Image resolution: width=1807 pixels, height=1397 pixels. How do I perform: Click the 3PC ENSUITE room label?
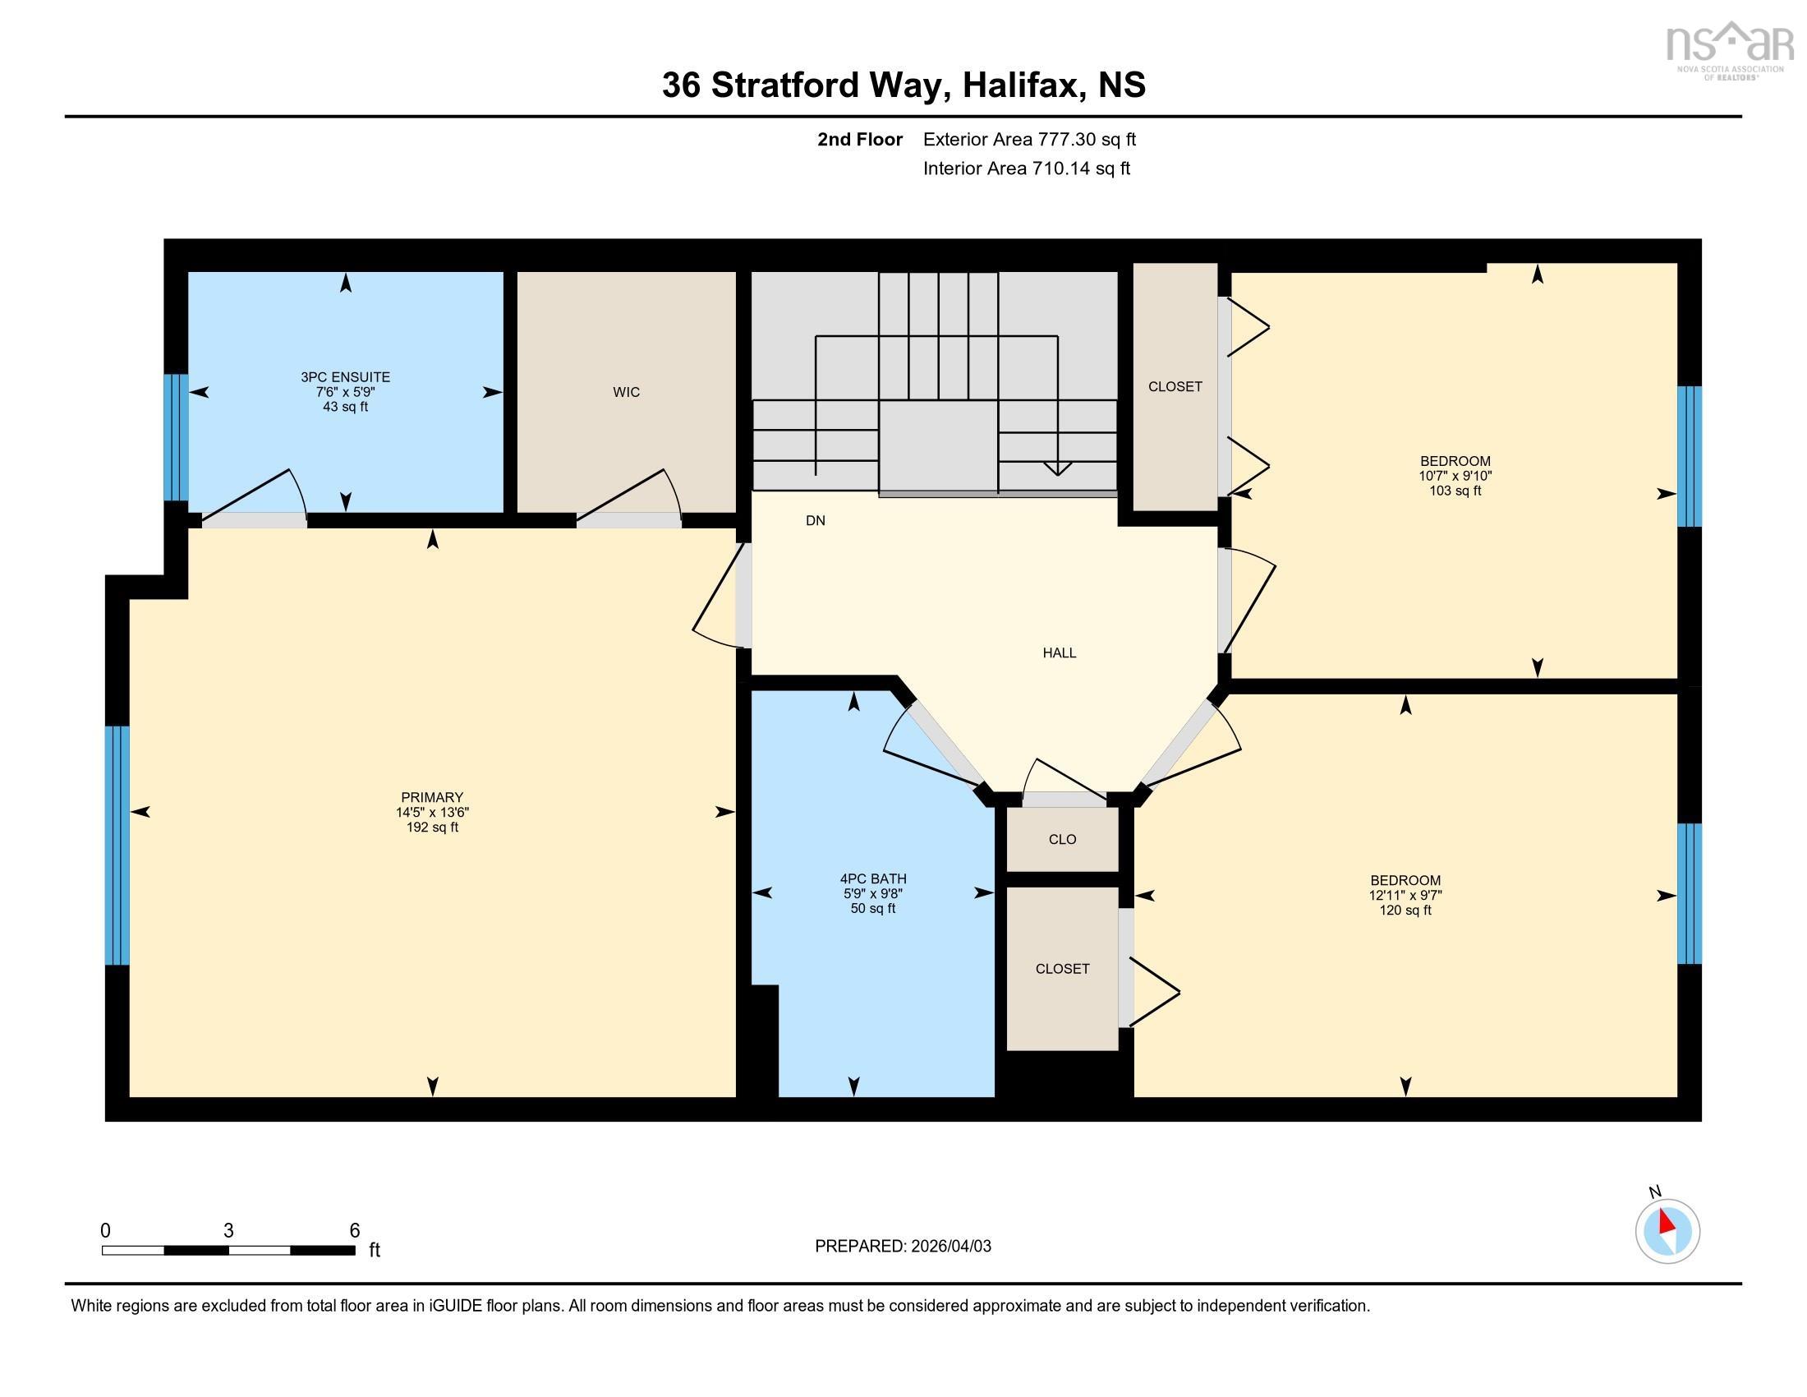tap(345, 377)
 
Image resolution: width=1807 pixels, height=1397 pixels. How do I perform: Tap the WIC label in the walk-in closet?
tap(627, 392)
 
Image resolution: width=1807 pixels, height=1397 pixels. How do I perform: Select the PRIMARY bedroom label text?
tap(432, 798)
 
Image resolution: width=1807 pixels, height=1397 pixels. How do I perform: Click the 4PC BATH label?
tap(873, 879)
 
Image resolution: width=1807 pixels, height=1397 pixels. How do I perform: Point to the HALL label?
tap(1059, 653)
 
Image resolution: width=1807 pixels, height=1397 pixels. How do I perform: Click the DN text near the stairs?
tap(816, 520)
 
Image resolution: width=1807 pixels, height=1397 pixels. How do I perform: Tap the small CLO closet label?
tap(1062, 839)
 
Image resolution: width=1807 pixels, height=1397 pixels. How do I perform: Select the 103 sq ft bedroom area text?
tap(1455, 491)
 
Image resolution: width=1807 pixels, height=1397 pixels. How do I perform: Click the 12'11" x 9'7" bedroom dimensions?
tap(1405, 896)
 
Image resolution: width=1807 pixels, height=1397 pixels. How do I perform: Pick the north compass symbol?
tap(1667, 1232)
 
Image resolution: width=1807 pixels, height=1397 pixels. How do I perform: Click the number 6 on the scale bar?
tap(354, 1230)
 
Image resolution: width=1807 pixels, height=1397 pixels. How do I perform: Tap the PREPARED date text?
tap(903, 1247)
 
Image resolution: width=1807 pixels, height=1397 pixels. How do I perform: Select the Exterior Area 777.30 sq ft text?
tap(1029, 140)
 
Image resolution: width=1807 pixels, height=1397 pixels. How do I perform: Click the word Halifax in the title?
tap(1023, 85)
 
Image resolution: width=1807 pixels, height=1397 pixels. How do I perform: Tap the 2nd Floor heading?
tap(860, 140)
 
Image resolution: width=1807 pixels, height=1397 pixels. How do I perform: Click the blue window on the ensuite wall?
tap(176, 438)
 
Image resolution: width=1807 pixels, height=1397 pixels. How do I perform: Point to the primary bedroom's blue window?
tap(117, 846)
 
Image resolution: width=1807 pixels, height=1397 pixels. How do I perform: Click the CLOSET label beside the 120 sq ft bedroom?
tap(1062, 968)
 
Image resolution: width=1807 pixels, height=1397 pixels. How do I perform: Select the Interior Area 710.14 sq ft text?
tap(1026, 168)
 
